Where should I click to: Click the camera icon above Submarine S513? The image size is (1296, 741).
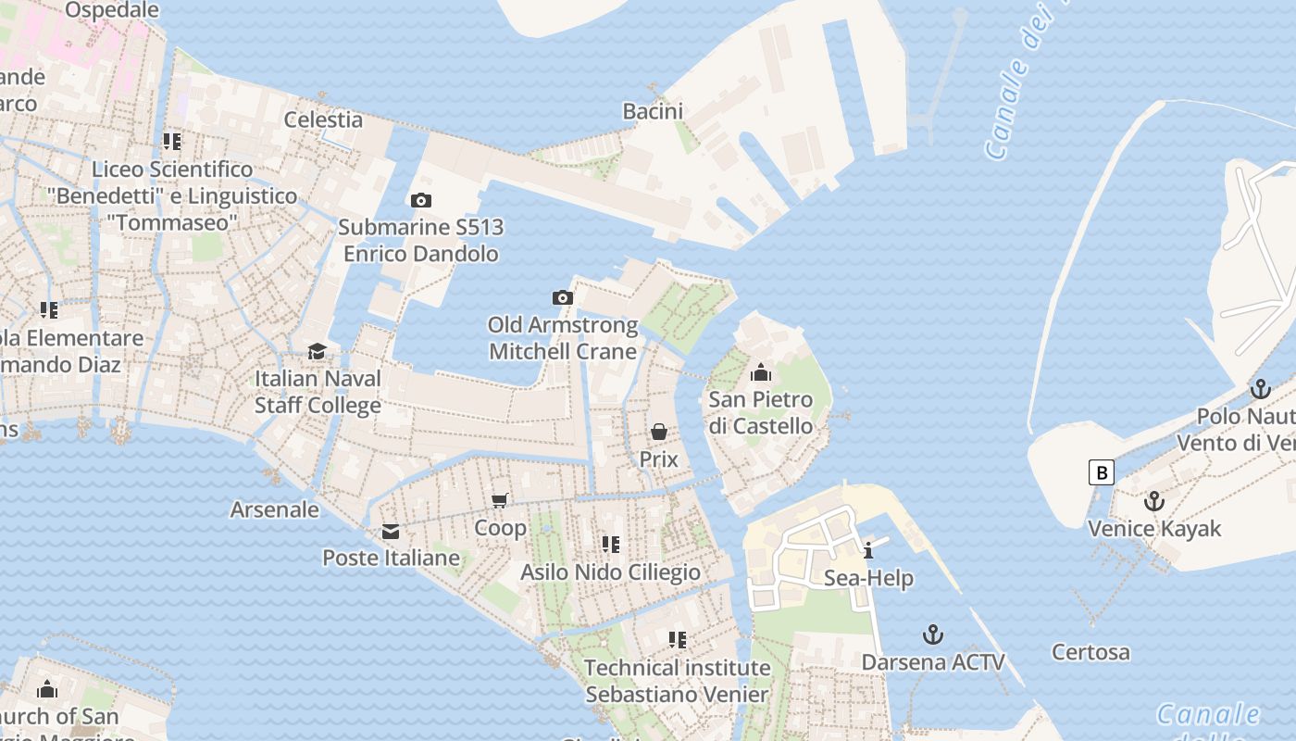click(x=420, y=200)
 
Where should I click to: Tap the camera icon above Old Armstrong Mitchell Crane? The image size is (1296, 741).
click(x=562, y=297)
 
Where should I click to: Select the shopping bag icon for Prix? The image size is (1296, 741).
click(x=659, y=432)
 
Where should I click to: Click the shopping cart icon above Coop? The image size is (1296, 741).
click(x=500, y=500)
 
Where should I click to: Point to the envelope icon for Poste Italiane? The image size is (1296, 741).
click(x=391, y=531)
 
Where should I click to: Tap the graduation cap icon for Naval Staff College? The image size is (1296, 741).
click(x=318, y=351)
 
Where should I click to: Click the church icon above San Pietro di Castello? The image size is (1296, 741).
click(x=761, y=372)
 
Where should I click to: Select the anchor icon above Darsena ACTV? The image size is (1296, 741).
click(x=933, y=634)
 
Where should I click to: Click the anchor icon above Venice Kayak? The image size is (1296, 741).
click(x=1153, y=501)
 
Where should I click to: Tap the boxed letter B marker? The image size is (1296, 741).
click(x=1101, y=472)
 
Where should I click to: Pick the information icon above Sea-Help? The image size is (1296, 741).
click(x=868, y=551)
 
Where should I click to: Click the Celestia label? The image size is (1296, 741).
click(x=323, y=119)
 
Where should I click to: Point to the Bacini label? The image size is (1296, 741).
click(x=653, y=111)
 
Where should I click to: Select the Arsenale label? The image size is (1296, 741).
click(x=275, y=509)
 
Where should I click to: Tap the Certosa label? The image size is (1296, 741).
click(x=1090, y=652)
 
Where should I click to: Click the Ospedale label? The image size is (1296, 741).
click(x=112, y=10)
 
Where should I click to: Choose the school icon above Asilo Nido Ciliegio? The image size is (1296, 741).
click(x=610, y=544)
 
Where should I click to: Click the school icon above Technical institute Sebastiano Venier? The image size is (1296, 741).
click(x=677, y=639)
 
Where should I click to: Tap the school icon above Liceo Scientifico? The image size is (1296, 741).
click(x=171, y=141)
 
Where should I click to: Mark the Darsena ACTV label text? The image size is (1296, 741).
click(x=933, y=662)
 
